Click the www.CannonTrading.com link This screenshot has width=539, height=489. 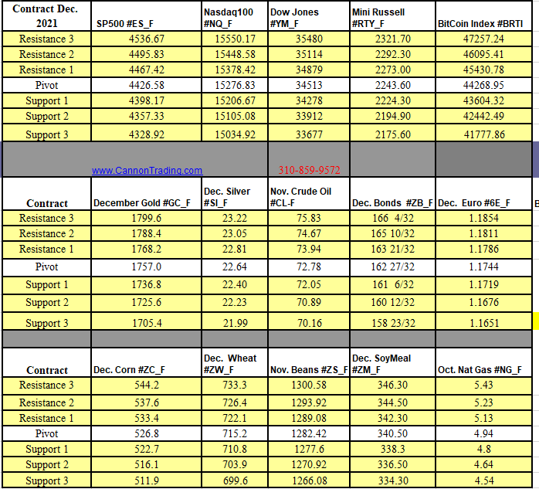pos(147,171)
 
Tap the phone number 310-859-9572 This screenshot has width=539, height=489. pos(309,171)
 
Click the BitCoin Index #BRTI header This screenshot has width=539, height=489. pos(480,24)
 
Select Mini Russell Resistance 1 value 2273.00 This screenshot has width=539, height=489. pos(392,70)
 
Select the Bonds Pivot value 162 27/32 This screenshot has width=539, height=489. pos(392,267)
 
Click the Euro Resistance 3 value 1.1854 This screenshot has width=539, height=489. pos(483,219)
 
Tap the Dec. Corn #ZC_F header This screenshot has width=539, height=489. pos(129,370)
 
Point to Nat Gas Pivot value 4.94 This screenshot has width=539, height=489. pos(483,433)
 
